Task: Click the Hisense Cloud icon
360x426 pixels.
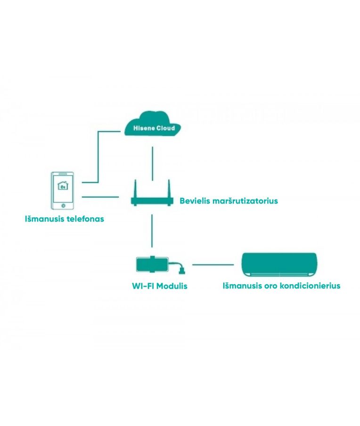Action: tap(153, 124)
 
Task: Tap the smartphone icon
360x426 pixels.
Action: tap(63, 191)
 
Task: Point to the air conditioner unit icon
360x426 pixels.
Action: tap(279, 265)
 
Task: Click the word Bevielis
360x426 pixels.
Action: tap(195, 201)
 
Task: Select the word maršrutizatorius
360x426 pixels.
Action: tap(245, 201)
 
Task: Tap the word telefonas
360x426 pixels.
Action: tap(85, 219)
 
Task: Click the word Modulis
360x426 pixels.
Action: tap(172, 286)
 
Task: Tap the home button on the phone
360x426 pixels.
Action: tap(63, 206)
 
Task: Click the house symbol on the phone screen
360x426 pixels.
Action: tap(63, 185)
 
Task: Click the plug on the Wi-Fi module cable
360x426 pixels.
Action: tap(181, 271)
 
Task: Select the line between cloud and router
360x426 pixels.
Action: tap(153, 163)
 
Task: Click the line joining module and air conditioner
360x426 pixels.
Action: tap(213, 265)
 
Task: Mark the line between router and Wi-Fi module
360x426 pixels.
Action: tap(152, 231)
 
